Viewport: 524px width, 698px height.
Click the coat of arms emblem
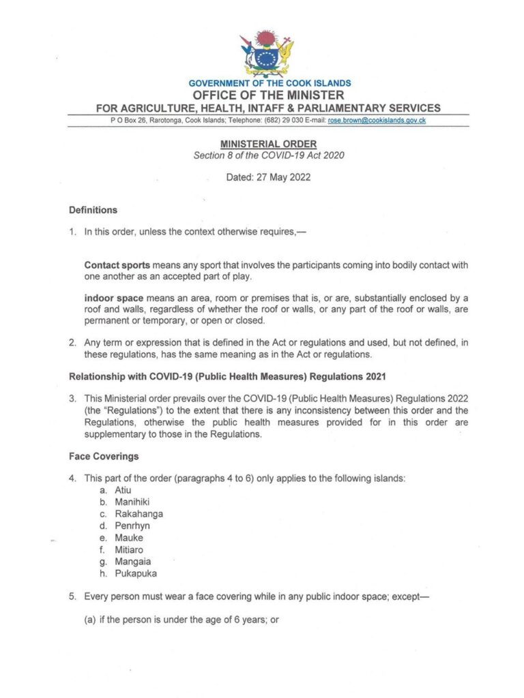point(267,53)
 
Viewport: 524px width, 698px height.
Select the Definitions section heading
point(93,210)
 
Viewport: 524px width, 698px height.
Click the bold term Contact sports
point(117,264)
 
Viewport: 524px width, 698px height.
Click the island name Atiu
point(123,490)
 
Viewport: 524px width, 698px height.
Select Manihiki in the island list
point(132,502)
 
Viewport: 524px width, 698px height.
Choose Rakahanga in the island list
point(139,514)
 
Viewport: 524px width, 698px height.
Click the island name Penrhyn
point(132,526)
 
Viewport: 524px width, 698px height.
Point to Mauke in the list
point(129,538)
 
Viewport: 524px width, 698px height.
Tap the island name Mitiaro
point(129,549)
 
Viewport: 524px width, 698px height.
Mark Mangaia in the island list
point(133,562)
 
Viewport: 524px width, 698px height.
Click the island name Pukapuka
point(136,574)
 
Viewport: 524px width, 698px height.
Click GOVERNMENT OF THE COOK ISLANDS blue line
point(270,83)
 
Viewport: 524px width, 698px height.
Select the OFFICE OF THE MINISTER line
point(268,95)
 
